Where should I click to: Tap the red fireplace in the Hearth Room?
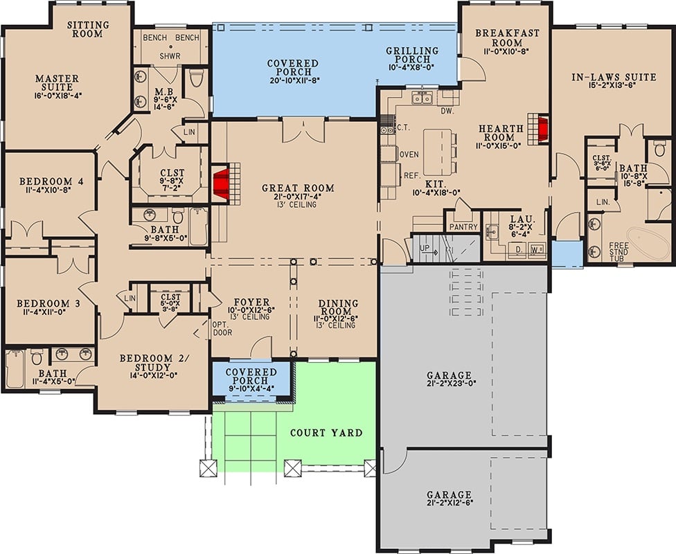tap(542, 129)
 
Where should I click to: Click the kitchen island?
tap(437, 152)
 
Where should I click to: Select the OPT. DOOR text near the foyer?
tap(222, 329)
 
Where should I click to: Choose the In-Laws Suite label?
tap(614, 77)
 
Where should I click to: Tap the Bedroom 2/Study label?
tap(154, 363)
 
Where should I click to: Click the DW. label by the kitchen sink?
tap(447, 110)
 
